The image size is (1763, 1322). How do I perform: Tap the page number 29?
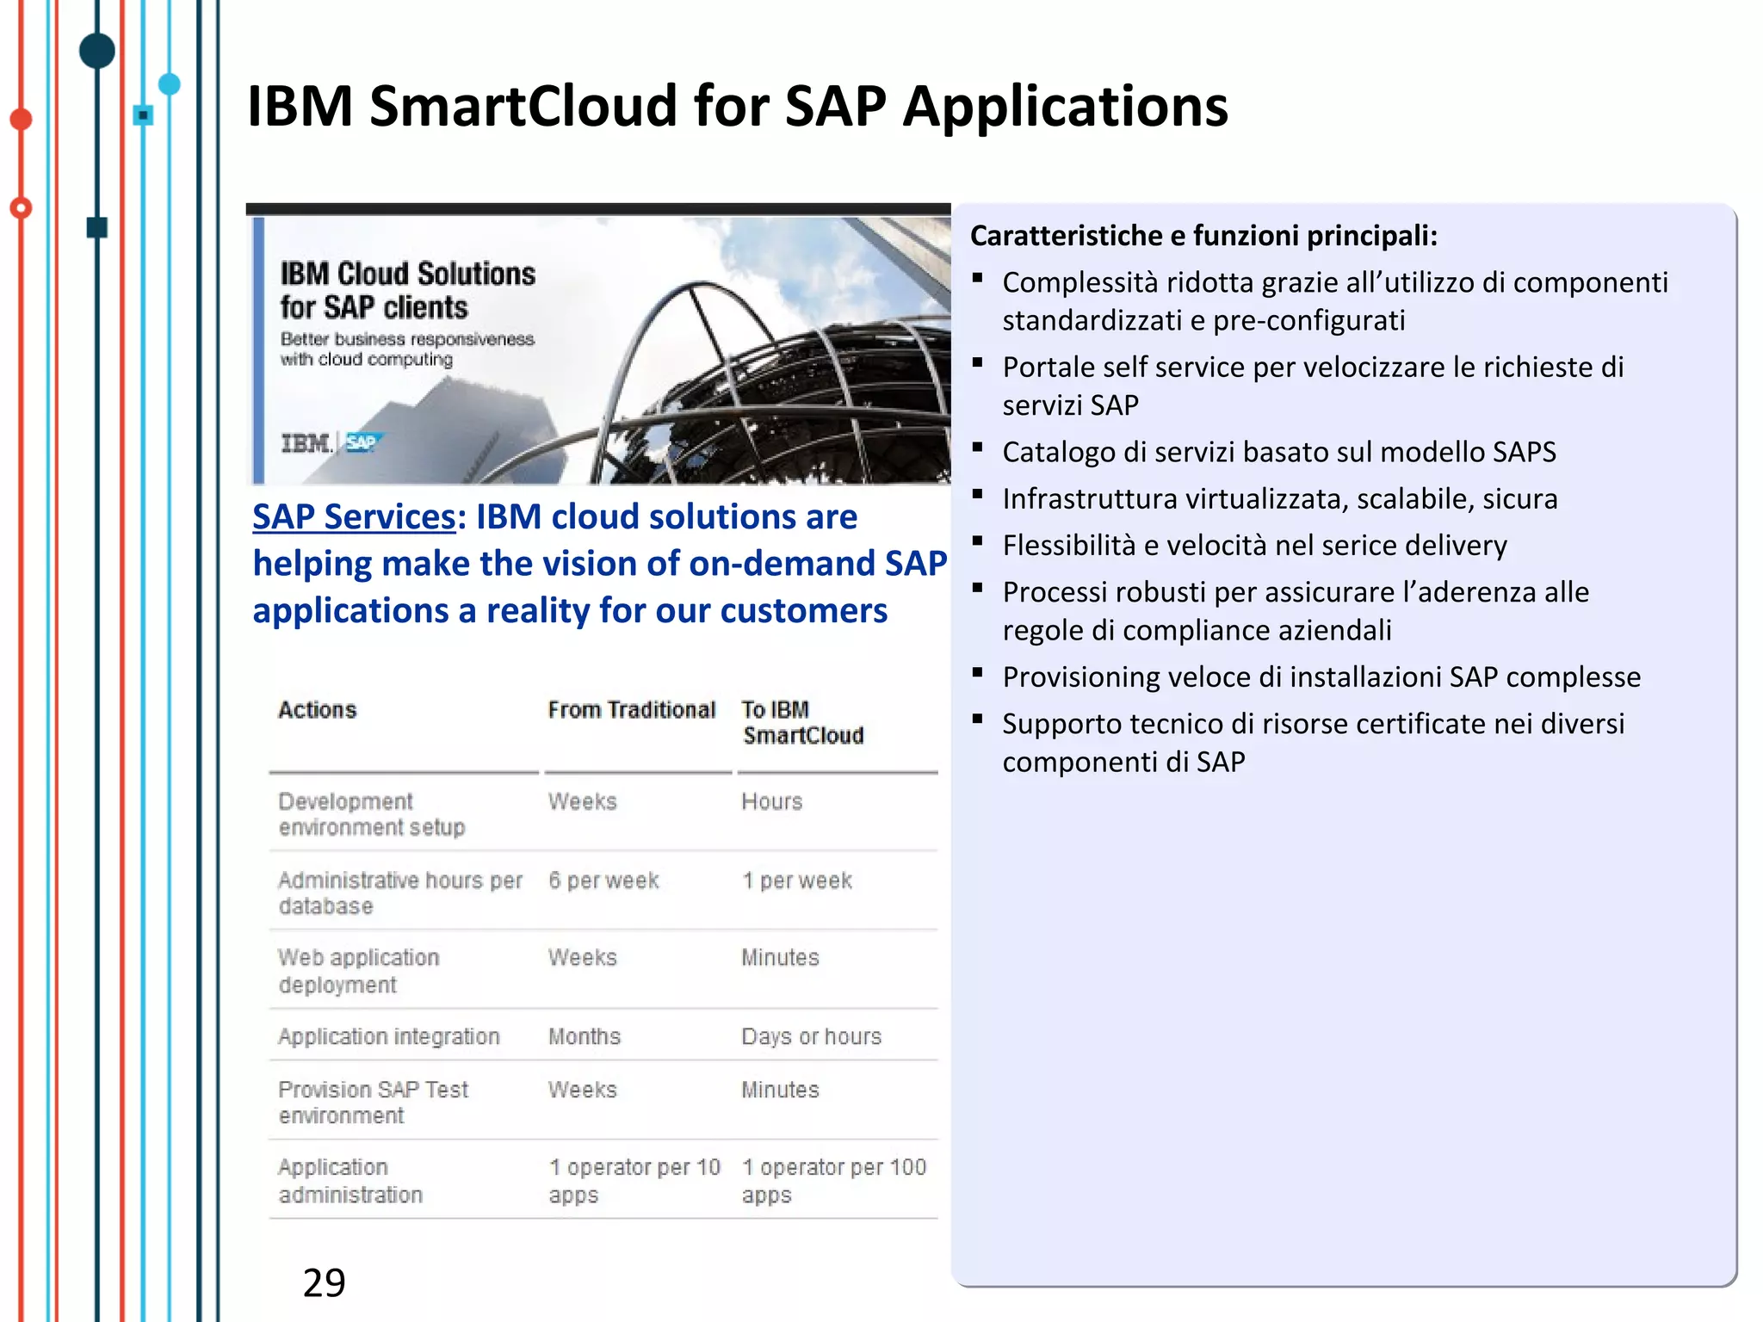pos(324,1282)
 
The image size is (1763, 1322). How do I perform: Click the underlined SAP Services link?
pos(353,516)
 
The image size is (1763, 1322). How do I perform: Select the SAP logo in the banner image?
pos(362,442)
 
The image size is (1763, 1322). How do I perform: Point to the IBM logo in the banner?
pos(306,443)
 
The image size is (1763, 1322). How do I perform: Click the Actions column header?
pos(317,710)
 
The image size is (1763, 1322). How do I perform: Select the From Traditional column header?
pos(631,710)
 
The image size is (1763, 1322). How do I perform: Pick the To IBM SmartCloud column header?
pos(801,722)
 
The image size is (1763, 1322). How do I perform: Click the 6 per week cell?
pos(603,880)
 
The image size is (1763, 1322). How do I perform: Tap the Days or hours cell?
pos(811,1036)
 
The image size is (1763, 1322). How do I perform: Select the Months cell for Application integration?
pos(584,1036)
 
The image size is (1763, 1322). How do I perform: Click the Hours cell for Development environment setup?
pos(771,801)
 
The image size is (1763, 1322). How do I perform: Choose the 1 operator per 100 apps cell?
pos(832,1180)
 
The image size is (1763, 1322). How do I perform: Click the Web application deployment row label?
pos(358,971)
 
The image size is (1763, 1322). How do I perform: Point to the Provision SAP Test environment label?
pos(372,1102)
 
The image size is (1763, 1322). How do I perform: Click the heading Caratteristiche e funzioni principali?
pos(1203,236)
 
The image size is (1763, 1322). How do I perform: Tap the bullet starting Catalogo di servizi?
pos(1278,452)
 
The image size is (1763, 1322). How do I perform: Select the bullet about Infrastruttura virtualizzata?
pos(1279,498)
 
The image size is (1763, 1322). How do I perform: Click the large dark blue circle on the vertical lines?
pos(97,51)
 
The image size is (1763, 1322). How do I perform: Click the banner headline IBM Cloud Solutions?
pos(407,290)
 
